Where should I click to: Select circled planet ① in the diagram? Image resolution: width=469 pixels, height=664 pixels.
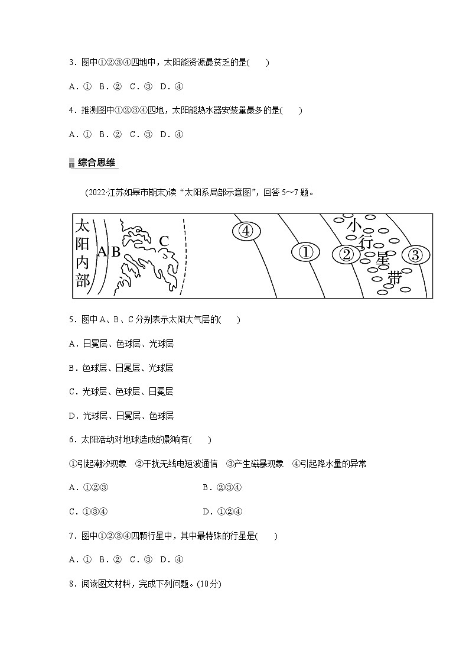305,252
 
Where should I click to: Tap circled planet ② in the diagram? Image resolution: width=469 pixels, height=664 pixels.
347,254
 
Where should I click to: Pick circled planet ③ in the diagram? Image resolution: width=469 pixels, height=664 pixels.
415,255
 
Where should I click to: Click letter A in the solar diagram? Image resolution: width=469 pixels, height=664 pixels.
102,252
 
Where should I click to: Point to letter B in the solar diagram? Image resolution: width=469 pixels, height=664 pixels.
116,252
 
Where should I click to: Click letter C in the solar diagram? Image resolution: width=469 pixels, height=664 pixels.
164,241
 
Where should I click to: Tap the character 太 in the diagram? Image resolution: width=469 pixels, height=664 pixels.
83,225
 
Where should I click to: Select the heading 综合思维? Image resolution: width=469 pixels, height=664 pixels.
97,163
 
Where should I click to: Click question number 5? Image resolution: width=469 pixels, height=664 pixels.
71,320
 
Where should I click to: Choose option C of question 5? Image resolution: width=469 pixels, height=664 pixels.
120,391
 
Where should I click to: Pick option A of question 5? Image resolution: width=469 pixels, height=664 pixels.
120,344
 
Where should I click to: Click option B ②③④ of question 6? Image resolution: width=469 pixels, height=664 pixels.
223,488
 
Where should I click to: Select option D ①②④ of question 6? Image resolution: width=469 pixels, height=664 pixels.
223,511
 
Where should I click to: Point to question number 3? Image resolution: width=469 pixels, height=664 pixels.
71,63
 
